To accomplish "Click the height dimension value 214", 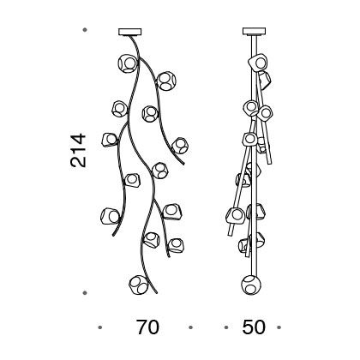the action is pyautogui.click(x=78, y=150).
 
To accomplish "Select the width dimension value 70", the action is pyautogui.click(x=147, y=327).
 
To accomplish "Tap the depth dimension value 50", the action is pyautogui.click(x=254, y=327).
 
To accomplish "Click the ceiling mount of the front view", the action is pyautogui.click(x=130, y=32).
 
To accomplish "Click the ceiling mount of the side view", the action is pyautogui.click(x=254, y=31).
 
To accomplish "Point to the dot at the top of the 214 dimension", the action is pyautogui.click(x=85, y=30).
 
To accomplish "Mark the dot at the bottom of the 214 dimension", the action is pyautogui.click(x=85, y=293).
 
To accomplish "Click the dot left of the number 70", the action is pyautogui.click(x=99, y=327).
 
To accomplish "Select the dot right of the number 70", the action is pyautogui.click(x=190, y=327).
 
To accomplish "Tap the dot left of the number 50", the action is pyautogui.click(x=226, y=327).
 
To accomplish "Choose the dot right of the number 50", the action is pyautogui.click(x=279, y=327).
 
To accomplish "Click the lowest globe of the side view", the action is pyautogui.click(x=251, y=285).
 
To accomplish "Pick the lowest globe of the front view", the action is pyautogui.click(x=139, y=285).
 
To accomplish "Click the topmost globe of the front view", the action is pyautogui.click(x=128, y=63).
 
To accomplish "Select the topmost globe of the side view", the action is pyautogui.click(x=258, y=62).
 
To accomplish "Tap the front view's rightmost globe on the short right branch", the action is pyautogui.click(x=180, y=146).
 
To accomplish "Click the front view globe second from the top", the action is pyautogui.click(x=166, y=81).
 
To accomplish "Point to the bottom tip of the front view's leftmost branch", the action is pyautogui.click(x=113, y=235).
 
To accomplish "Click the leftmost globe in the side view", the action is pyautogui.click(x=236, y=216).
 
